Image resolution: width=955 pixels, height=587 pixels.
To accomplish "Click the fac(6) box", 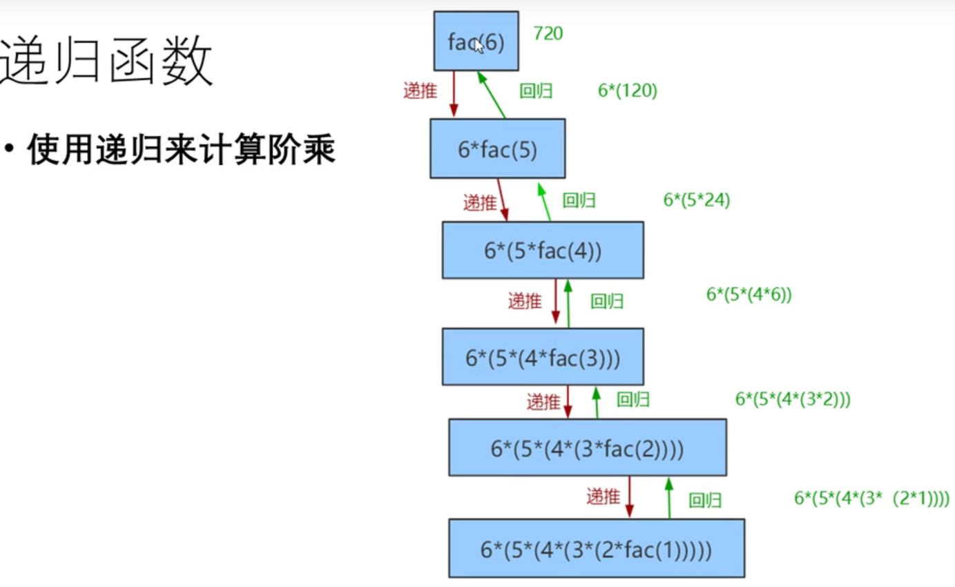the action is tap(476, 41).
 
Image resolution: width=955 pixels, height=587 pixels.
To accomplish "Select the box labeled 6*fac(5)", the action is tap(497, 148).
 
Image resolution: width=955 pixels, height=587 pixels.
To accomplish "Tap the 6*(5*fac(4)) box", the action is tap(543, 250).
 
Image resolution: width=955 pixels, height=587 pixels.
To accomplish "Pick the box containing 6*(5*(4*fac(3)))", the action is tap(543, 356).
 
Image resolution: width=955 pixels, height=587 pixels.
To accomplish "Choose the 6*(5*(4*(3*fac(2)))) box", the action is tap(587, 448).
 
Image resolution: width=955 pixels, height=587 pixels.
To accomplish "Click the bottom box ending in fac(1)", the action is tap(597, 548).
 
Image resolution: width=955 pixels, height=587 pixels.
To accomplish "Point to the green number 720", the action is tap(548, 32).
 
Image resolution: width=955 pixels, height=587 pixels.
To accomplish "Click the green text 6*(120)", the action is tap(627, 90).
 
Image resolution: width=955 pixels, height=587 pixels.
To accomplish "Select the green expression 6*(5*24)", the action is tap(696, 200).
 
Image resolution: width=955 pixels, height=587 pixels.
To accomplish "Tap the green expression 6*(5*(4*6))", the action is tap(749, 295).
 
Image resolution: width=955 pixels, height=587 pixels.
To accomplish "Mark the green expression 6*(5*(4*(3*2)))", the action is tap(792, 399).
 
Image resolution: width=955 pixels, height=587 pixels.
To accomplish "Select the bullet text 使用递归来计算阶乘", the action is tap(181, 151).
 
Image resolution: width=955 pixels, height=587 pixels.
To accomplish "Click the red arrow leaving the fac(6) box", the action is tap(454, 94).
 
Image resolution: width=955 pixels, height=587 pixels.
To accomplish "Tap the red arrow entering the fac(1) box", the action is tap(629, 497).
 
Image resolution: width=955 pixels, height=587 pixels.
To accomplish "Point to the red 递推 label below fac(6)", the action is tap(420, 90).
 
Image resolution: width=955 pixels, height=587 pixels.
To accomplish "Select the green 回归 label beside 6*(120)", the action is tap(535, 90).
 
